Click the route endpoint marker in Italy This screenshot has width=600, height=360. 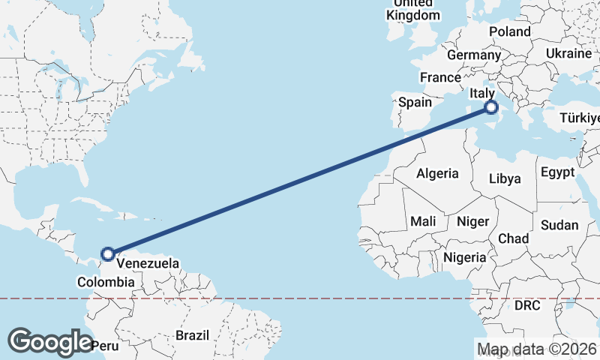pyautogui.click(x=492, y=108)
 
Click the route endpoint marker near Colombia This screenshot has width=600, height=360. pyautogui.click(x=108, y=254)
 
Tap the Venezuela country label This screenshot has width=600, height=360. pyautogui.click(x=148, y=264)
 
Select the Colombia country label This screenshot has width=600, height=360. pyautogui.click(x=106, y=283)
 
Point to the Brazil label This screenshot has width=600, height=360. pyautogui.click(x=192, y=335)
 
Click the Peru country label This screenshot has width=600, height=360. pyautogui.click(x=104, y=346)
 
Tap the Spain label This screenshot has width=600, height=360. pyautogui.click(x=415, y=102)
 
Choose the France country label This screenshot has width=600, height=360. pyautogui.click(x=440, y=78)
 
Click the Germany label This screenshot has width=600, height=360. pyautogui.click(x=473, y=55)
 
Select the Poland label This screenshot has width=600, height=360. pyautogui.click(x=509, y=31)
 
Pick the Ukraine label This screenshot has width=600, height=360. pyautogui.click(x=568, y=54)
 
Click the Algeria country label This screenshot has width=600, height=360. pyautogui.click(x=437, y=173)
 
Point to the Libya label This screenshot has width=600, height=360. pyautogui.click(x=504, y=179)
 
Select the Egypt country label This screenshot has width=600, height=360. pyautogui.click(x=556, y=172)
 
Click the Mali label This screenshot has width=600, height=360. pyautogui.click(x=423, y=222)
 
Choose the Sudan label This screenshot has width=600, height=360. pyautogui.click(x=559, y=225)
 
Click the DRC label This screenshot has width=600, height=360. pyautogui.click(x=526, y=306)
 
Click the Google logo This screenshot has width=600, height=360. pyautogui.click(x=49, y=342)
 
